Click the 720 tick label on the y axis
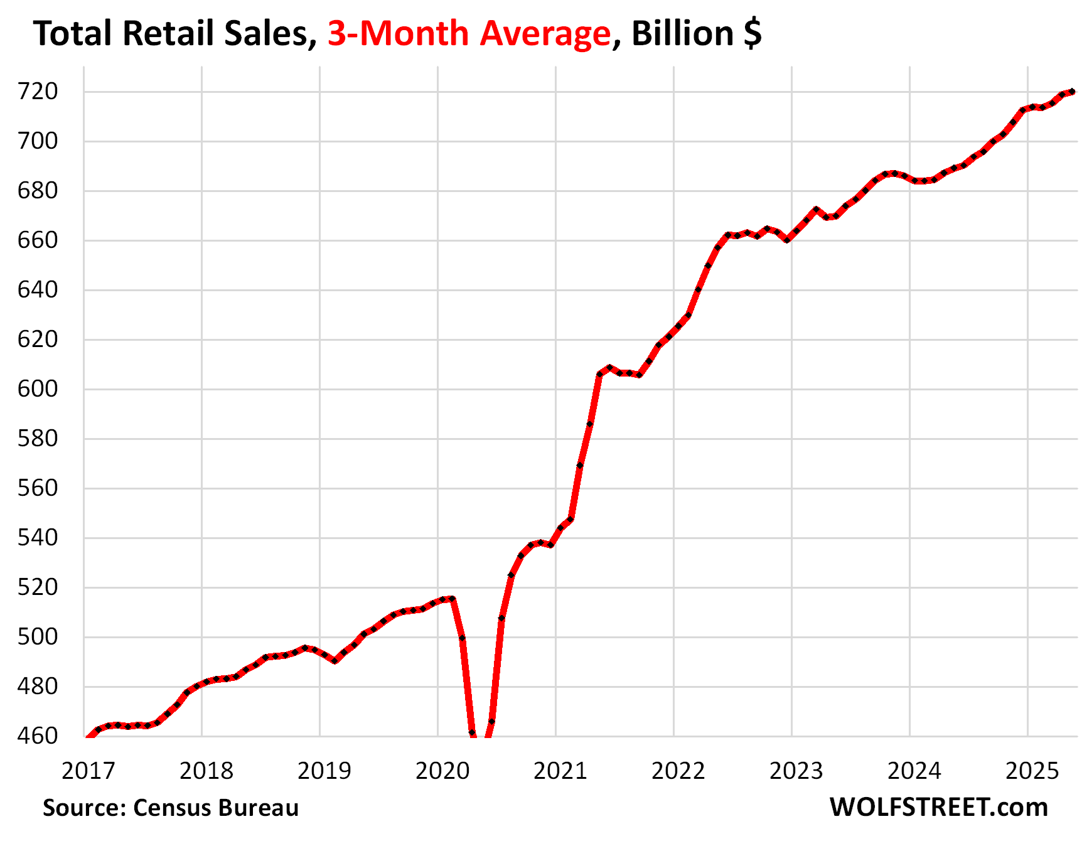[x=38, y=92]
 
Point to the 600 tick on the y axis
[x=38, y=389]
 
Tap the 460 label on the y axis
[x=38, y=736]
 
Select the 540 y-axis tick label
[x=38, y=538]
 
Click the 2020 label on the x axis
[x=442, y=771]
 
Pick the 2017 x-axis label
[x=88, y=771]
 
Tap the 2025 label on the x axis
[x=1032, y=771]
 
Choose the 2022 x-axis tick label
[x=678, y=771]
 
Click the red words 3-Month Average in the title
[x=469, y=34]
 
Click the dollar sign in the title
[x=752, y=34]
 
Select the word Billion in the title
[x=682, y=34]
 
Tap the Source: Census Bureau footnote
[x=171, y=808]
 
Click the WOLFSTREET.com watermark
[x=939, y=808]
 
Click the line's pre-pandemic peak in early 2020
[x=452, y=599]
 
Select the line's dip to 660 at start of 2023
[x=787, y=240]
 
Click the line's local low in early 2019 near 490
[x=335, y=661]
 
